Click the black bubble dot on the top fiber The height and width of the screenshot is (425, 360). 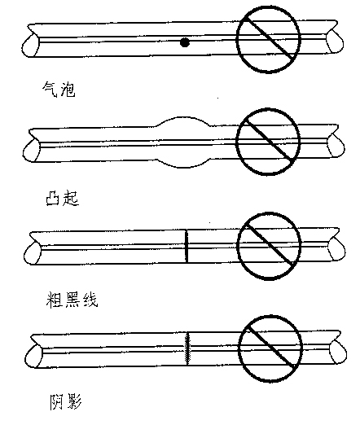click(x=185, y=42)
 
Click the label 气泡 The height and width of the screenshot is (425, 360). click(x=59, y=90)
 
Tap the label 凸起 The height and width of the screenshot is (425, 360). click(x=63, y=198)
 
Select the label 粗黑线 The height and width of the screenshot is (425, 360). click(x=72, y=300)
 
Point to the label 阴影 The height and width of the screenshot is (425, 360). click(x=65, y=401)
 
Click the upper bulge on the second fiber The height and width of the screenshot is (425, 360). click(x=183, y=117)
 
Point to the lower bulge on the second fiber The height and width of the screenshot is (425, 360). click(x=182, y=167)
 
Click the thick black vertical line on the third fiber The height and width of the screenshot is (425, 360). click(x=187, y=246)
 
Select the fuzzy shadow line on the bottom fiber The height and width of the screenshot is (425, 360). click(x=187, y=348)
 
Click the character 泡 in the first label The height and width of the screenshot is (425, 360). click(x=68, y=90)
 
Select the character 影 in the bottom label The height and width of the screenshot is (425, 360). click(x=74, y=401)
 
